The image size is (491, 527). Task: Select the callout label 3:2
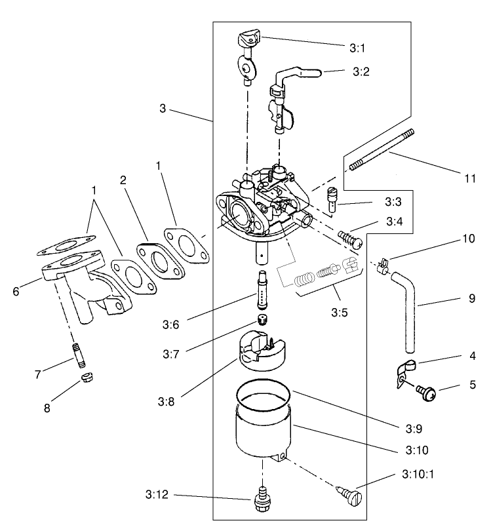click(x=361, y=71)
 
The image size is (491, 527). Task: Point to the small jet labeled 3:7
click(x=262, y=320)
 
